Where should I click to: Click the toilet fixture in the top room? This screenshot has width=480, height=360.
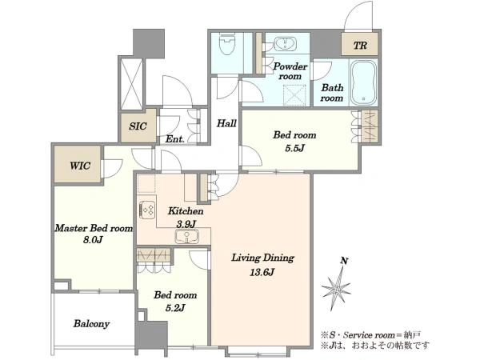(227, 44)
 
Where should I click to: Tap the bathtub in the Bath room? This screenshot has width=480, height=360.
(363, 82)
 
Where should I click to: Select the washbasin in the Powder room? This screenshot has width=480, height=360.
(285, 44)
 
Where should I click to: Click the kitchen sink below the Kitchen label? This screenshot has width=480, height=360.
(187, 236)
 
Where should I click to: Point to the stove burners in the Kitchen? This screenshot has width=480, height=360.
(147, 210)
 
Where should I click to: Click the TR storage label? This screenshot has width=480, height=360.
(360, 46)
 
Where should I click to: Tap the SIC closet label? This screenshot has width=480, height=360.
(138, 126)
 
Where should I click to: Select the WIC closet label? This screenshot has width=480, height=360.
(80, 166)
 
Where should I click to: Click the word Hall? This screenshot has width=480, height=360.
(226, 123)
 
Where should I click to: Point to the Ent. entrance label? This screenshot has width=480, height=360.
(174, 139)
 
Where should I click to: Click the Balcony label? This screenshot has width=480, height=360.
(91, 324)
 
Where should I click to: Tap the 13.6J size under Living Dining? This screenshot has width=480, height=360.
(262, 272)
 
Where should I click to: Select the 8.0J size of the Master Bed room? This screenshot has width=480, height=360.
(93, 239)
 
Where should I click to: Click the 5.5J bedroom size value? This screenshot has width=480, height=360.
(294, 148)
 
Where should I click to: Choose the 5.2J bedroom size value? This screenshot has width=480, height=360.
(175, 308)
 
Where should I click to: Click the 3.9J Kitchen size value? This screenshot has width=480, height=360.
(186, 224)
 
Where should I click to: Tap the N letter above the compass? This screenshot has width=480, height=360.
(344, 261)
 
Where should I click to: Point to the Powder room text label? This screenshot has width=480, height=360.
(290, 71)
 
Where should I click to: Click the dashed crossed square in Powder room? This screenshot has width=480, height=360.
(294, 95)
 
